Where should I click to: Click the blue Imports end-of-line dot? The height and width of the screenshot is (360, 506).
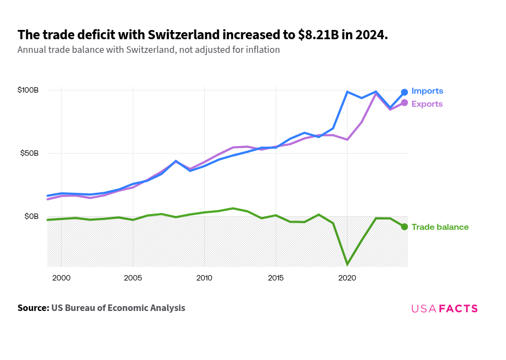click(404, 92)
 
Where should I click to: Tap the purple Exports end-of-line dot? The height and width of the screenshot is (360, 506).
click(404, 103)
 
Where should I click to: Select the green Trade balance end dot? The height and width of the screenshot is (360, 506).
click(404, 227)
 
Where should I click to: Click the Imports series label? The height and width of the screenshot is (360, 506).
click(427, 91)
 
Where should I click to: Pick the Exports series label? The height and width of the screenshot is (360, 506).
click(427, 104)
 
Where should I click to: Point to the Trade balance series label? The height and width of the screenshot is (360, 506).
click(440, 227)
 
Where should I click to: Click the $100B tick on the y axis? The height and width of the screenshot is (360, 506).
click(28, 90)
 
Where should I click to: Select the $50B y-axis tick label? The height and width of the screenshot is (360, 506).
click(29, 153)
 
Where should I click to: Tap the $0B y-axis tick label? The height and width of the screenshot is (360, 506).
click(32, 216)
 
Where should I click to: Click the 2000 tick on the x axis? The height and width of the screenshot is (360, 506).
click(61, 278)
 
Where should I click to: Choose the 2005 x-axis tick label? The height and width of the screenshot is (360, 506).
click(133, 278)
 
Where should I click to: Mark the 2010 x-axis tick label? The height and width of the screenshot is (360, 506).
click(204, 278)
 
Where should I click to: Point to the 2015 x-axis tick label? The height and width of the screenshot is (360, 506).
click(276, 278)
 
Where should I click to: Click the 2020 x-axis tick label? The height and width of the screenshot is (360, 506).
click(347, 278)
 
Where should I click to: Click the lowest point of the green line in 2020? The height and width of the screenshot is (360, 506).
click(347, 265)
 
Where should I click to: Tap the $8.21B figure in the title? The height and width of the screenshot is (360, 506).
click(318, 35)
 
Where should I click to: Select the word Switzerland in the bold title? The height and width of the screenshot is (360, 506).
click(174, 35)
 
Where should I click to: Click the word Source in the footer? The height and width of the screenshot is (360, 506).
click(33, 308)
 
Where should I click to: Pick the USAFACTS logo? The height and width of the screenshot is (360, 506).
click(444, 308)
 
